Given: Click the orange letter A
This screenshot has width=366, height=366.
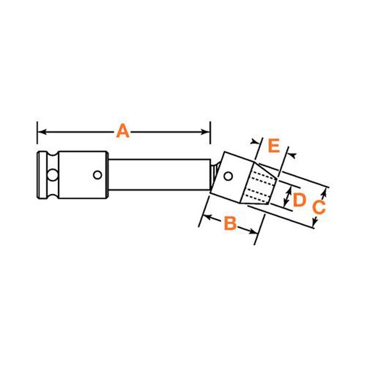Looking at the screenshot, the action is pos(123,131).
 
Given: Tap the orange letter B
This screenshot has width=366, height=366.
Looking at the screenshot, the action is pos(230,223).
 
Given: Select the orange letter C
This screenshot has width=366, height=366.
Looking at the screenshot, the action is pos(318,207).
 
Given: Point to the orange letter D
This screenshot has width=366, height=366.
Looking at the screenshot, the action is pos(299,200).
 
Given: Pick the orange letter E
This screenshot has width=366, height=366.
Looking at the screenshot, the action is pos(274,145).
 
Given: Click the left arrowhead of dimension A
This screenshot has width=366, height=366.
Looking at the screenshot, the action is pos(41,132).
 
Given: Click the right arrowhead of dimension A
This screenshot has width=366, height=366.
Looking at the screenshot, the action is pos(206,132).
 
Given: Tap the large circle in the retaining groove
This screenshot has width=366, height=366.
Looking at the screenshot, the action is pos(52,175).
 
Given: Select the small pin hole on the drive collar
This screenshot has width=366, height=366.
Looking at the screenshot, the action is pos(98,175).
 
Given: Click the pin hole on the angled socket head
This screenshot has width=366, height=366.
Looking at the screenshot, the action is pos(228,176).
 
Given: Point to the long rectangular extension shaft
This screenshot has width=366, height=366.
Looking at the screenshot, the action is pos(159,175).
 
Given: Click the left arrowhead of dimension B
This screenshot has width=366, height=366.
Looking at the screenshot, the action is pos(207,218).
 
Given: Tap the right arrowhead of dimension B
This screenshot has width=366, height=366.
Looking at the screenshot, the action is pos(253,231).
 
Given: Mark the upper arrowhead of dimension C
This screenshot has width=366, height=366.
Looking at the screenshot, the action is pos(323,193).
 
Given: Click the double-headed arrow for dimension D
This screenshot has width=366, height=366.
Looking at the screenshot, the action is pos(287,198).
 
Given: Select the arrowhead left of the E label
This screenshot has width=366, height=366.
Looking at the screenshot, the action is pos(254,142).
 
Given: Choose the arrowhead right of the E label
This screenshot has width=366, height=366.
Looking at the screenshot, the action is pos(292,155).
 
